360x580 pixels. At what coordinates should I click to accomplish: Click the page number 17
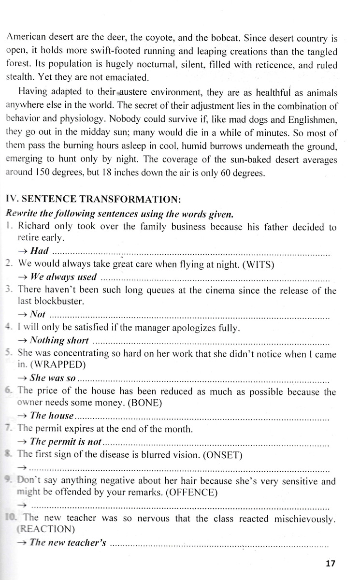(x=330, y=563)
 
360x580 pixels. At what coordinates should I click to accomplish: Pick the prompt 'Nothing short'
(x=59, y=341)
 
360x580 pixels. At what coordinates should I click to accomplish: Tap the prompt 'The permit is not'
(x=65, y=441)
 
